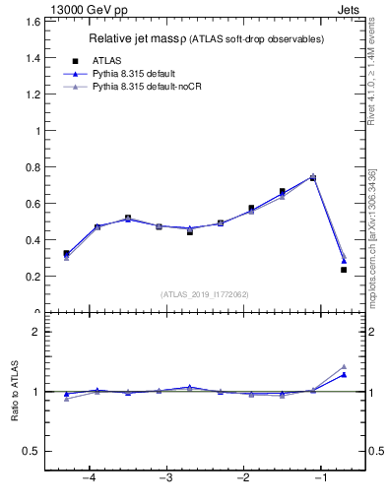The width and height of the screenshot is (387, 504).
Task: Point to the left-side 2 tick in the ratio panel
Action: pos(36,332)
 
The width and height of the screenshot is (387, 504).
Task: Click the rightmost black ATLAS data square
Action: pos(344,269)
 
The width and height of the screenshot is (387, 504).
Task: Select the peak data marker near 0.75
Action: pos(313,177)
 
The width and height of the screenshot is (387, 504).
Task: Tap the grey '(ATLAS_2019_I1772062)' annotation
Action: pos(206,293)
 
